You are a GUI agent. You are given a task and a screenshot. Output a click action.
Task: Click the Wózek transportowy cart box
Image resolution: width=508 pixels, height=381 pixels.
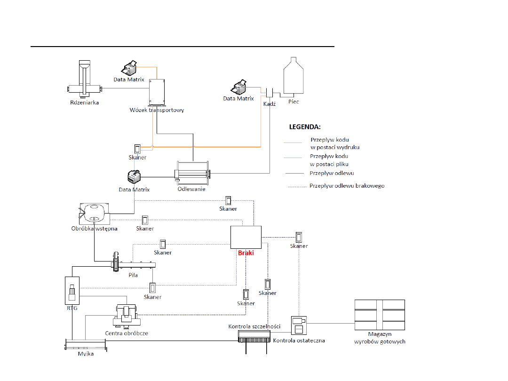pos(157,92)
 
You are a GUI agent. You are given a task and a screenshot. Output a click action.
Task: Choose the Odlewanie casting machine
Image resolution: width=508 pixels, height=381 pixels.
pos(192,174)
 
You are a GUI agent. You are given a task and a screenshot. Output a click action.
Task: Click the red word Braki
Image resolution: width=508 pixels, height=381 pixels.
pos(246,253)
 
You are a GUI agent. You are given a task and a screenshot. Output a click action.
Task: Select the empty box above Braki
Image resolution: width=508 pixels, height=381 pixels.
pos(246,237)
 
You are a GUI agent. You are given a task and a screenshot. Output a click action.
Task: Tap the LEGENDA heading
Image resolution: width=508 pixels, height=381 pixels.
pos(304,127)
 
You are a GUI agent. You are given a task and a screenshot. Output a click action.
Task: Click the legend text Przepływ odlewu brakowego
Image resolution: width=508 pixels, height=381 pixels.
pos(347,186)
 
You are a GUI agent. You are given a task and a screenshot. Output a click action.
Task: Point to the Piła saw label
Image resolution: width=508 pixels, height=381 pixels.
pos(133,275)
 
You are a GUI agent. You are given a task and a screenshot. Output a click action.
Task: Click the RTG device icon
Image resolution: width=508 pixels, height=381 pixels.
pos(71,292)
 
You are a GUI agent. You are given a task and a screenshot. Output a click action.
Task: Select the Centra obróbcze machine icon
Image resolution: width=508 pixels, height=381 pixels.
pos(126,316)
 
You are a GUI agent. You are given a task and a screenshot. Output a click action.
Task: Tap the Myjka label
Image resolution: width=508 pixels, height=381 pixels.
pos(86,354)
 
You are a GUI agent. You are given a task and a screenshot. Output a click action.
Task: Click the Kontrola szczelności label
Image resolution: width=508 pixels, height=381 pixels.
pos(254,326)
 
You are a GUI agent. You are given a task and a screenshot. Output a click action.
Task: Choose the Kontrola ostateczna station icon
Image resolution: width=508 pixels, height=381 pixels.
pos(299,324)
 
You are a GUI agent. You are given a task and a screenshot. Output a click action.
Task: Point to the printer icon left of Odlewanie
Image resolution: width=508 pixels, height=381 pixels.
pos(135,177)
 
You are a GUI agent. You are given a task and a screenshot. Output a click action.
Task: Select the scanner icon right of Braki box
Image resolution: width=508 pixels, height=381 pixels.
pos(299,237)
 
